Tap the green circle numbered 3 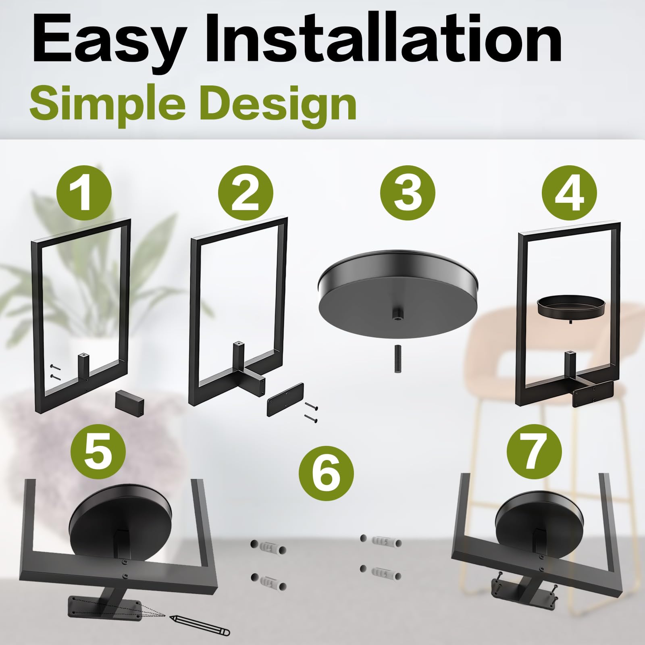[x=408, y=192]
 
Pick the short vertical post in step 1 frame [x=83, y=363]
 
